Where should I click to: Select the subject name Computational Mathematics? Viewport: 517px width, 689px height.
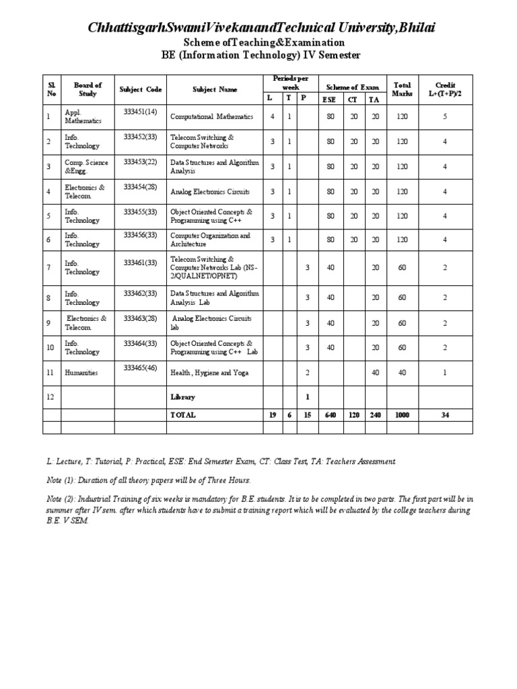(211, 116)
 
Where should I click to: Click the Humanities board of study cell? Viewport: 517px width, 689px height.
(81, 372)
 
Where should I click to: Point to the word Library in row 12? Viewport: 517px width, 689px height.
(182, 397)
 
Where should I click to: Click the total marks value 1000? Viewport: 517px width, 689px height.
(402, 415)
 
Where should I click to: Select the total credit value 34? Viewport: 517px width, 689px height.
(445, 415)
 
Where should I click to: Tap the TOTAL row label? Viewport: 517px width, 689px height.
(183, 415)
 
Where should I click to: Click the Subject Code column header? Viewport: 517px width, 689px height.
(140, 89)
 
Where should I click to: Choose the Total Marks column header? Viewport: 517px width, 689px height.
(402, 89)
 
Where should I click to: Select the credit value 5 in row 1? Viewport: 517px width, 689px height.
(445, 116)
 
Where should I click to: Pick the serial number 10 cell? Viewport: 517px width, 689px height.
(50, 347)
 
